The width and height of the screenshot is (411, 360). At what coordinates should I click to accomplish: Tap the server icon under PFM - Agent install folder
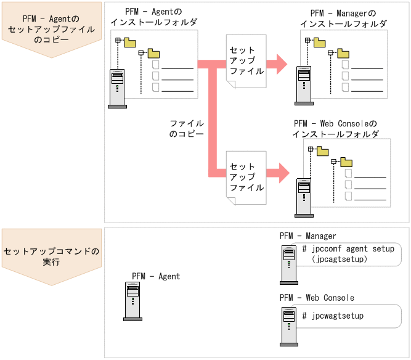(117, 88)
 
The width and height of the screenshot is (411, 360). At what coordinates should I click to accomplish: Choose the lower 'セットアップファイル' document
(246, 177)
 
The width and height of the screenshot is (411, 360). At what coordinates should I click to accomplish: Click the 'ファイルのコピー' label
(186, 128)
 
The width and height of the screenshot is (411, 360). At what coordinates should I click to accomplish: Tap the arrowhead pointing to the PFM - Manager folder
(280, 62)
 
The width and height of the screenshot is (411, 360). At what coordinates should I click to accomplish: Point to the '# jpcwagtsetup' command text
(333, 316)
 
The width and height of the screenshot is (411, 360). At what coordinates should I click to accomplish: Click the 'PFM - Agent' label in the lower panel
(156, 276)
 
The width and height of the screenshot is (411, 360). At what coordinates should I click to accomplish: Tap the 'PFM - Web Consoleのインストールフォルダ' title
(335, 128)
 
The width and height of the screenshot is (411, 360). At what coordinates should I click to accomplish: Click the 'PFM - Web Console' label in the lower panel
(317, 298)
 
